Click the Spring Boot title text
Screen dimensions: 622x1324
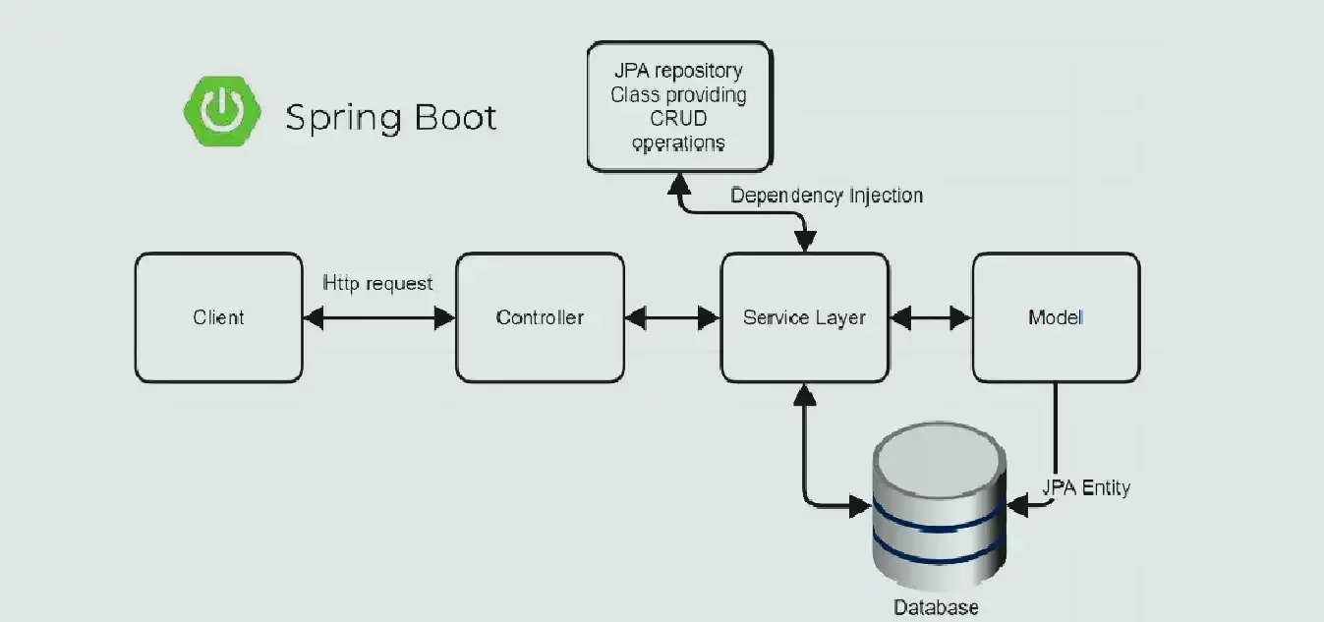(x=391, y=118)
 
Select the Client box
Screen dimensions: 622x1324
(x=218, y=317)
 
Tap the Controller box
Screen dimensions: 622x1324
(x=540, y=317)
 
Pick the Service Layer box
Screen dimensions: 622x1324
(x=804, y=317)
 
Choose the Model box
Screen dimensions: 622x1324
(x=1056, y=317)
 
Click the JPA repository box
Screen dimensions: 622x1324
(x=677, y=107)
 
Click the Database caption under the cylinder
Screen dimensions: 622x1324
(x=936, y=607)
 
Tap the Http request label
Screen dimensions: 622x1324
(x=377, y=283)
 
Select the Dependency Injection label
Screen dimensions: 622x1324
(x=827, y=196)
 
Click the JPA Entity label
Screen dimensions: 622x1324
(x=1086, y=486)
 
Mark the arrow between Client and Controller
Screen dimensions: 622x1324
(x=378, y=317)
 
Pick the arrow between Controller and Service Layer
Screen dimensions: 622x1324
(x=672, y=317)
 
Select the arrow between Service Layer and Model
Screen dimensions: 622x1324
(x=930, y=317)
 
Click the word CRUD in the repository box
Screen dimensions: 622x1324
(x=678, y=120)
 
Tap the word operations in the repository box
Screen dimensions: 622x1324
(x=678, y=143)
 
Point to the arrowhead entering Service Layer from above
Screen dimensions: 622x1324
(x=805, y=242)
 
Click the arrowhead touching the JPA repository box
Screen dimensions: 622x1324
(x=679, y=182)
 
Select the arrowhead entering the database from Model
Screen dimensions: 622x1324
(x=1016, y=506)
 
